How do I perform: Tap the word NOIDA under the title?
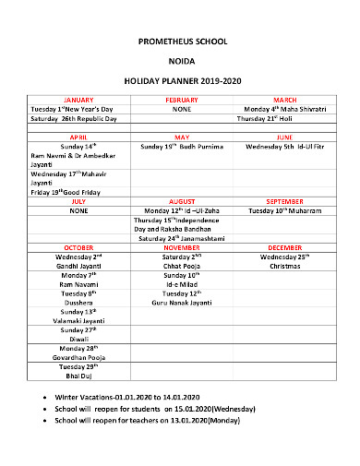click(x=180, y=63)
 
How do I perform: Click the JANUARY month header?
click(x=78, y=100)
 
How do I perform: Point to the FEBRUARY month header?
click(x=181, y=100)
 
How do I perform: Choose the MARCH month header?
click(x=284, y=100)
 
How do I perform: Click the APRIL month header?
click(x=78, y=137)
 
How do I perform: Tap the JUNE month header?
click(x=284, y=137)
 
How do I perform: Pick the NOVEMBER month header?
click(x=181, y=248)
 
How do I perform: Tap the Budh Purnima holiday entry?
click(x=182, y=146)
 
